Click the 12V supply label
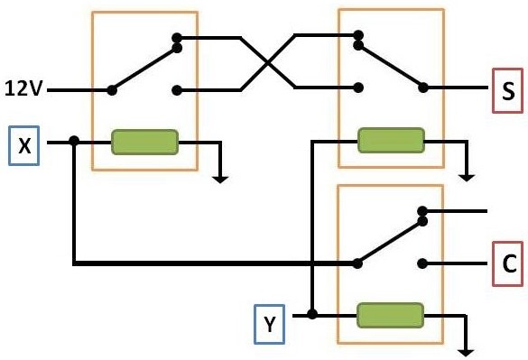(23, 89)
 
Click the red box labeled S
(506, 90)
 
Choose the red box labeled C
(506, 263)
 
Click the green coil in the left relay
(144, 142)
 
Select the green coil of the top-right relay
(390, 140)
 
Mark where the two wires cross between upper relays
(267, 63)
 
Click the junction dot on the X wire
(74, 142)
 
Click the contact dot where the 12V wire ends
(112, 89)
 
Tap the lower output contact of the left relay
(177, 89)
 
